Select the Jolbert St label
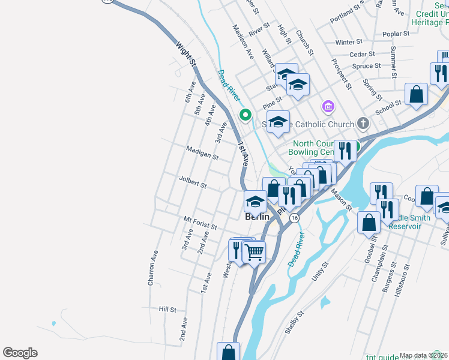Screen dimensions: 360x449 pyautogui.click(x=193, y=182)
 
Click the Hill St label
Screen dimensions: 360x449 pyautogui.click(x=167, y=310)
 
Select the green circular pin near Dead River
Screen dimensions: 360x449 pyautogui.click(x=245, y=114)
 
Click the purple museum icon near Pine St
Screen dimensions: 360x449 pyautogui.click(x=328, y=107)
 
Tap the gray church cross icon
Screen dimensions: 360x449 pyautogui.click(x=362, y=124)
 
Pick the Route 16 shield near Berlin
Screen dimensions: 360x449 pyautogui.click(x=293, y=218)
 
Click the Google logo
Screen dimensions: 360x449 pyautogui.click(x=20, y=353)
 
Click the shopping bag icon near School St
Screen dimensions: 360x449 pyautogui.click(x=416, y=94)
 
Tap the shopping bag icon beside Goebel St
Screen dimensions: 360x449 pyautogui.click(x=369, y=223)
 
